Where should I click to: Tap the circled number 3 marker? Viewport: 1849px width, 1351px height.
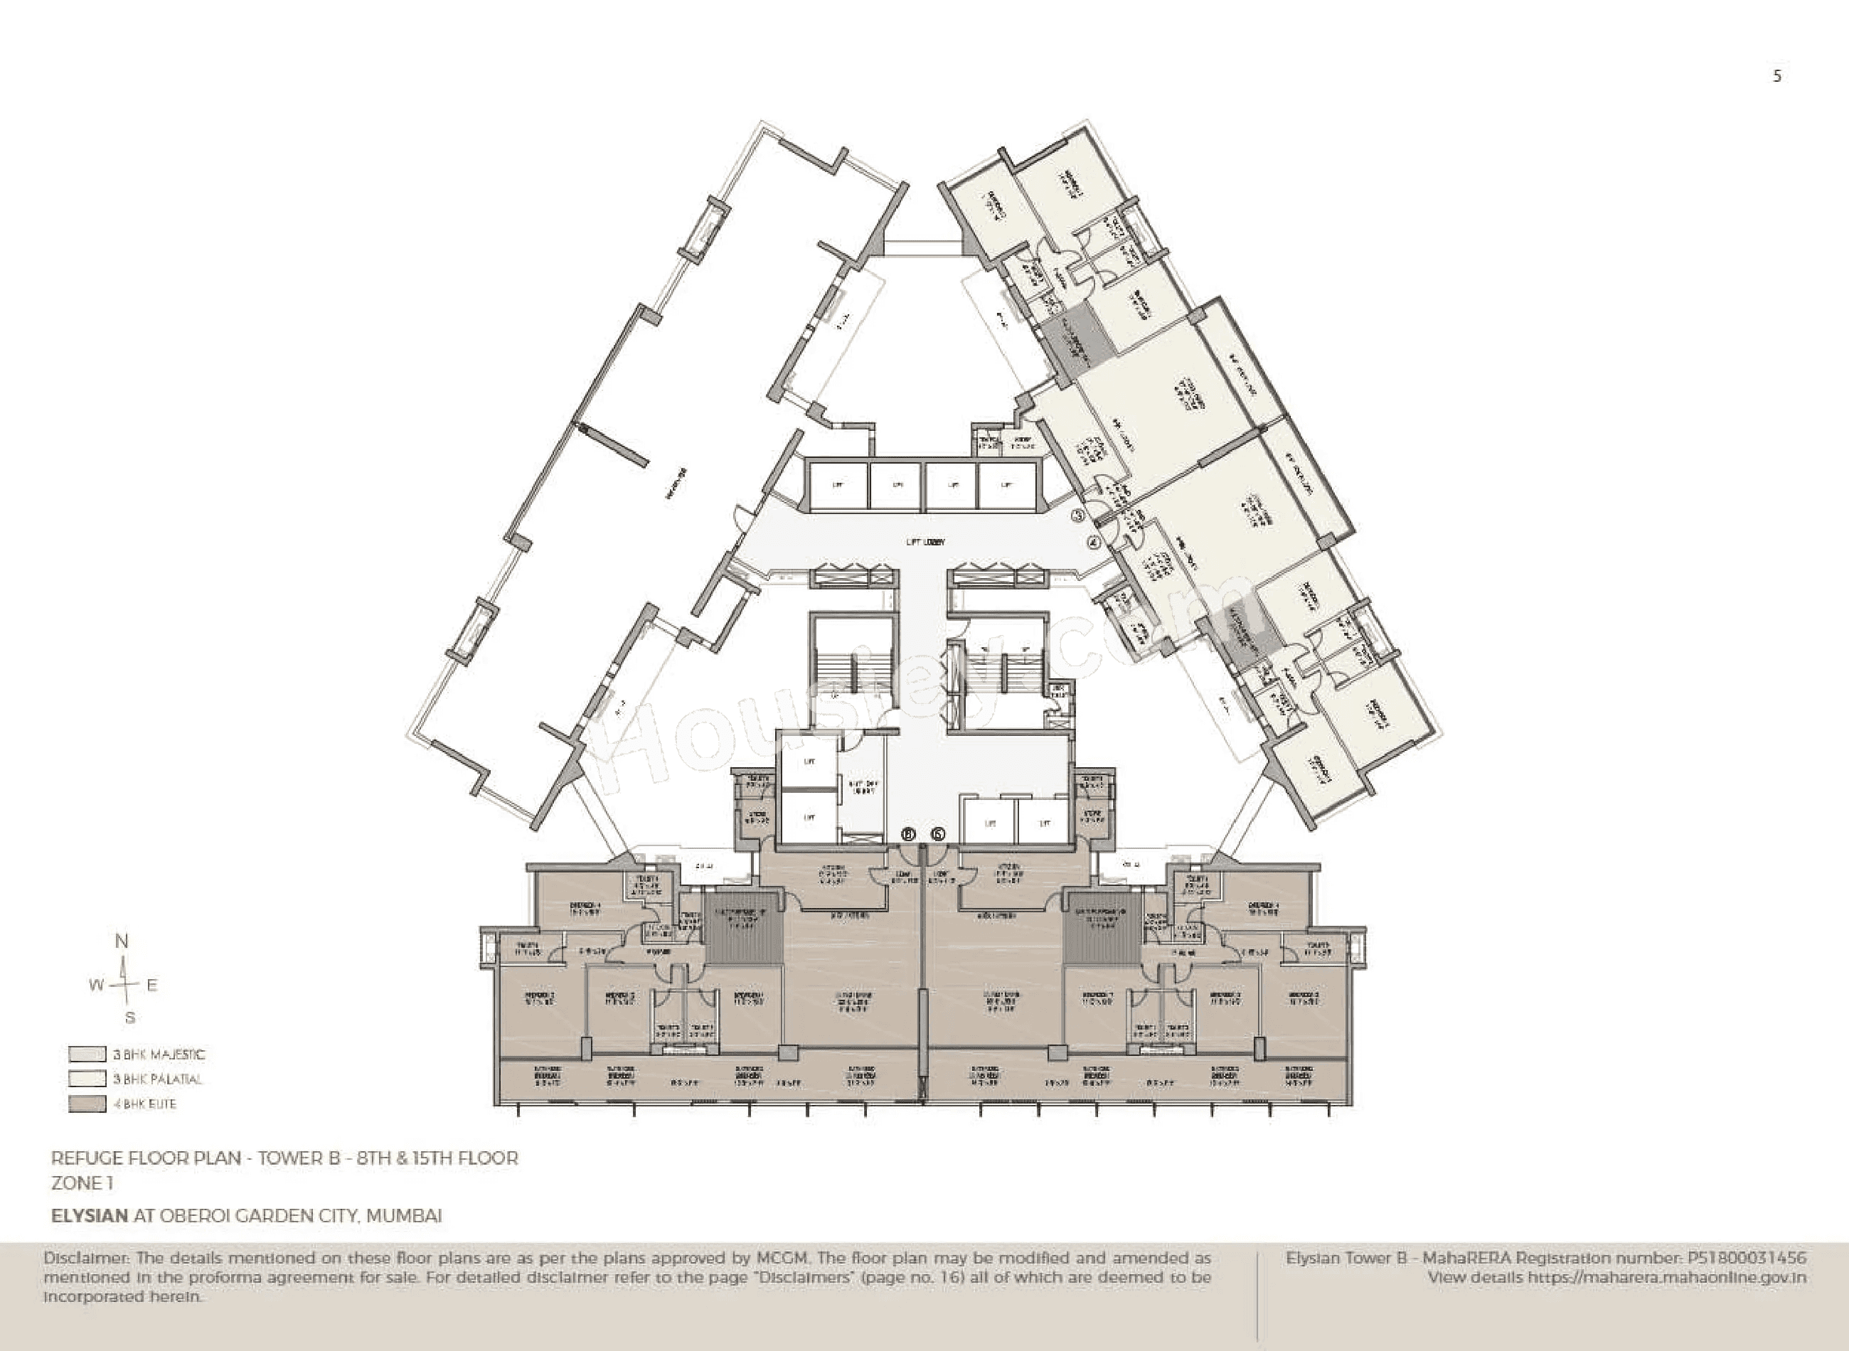pyautogui.click(x=1078, y=516)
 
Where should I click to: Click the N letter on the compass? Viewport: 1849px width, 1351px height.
pyautogui.click(x=122, y=941)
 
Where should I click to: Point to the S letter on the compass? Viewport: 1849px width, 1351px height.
pyautogui.click(x=129, y=1018)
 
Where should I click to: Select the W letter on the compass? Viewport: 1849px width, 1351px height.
pyautogui.click(x=97, y=986)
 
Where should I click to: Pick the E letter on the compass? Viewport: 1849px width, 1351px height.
pyautogui.click(x=151, y=986)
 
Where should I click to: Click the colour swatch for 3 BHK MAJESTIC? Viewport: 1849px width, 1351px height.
pyautogui.click(x=87, y=1054)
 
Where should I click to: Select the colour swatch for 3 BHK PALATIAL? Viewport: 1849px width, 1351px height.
pyautogui.click(x=87, y=1079)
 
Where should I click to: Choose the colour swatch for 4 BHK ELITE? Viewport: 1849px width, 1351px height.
pyautogui.click(x=87, y=1104)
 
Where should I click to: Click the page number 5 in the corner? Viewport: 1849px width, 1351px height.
pyautogui.click(x=1776, y=76)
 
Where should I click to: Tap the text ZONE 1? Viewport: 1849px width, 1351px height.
pyautogui.click(x=82, y=1182)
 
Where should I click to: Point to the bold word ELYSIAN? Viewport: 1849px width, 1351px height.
pyautogui.click(x=89, y=1215)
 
